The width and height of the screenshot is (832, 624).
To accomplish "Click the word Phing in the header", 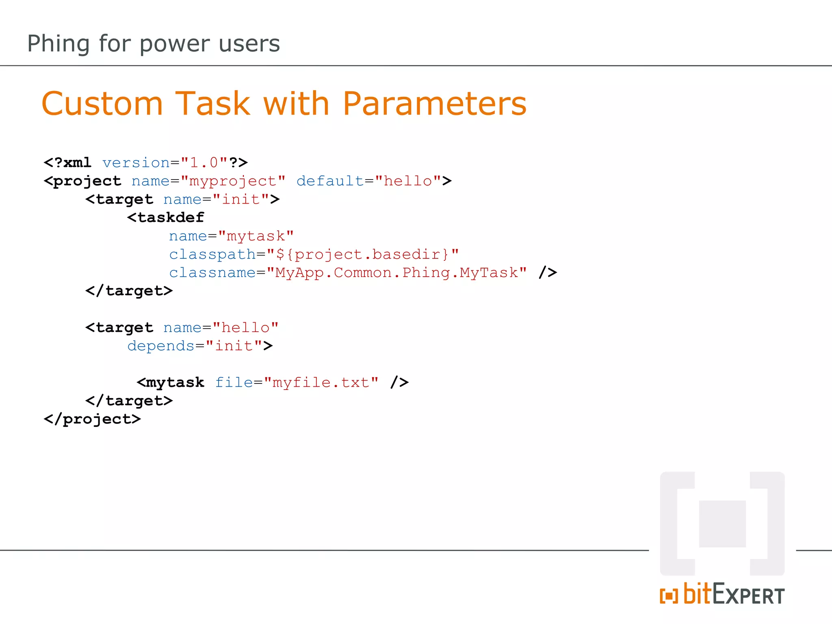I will (x=58, y=43).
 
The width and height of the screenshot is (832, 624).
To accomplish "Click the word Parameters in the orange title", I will (x=434, y=104).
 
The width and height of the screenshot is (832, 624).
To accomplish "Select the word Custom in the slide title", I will (x=102, y=104).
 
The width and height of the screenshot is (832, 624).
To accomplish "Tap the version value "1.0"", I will (x=204, y=162).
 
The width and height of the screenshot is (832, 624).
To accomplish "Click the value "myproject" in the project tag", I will (x=233, y=181).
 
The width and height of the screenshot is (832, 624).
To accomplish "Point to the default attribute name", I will (x=329, y=181).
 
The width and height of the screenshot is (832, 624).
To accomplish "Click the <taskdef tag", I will (x=166, y=218).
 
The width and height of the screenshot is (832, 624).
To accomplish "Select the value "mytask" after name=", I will (x=256, y=236).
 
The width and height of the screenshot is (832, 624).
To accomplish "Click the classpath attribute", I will (x=212, y=254).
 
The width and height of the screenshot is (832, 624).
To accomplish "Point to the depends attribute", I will (x=161, y=346).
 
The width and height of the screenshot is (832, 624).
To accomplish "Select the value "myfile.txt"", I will (x=321, y=382).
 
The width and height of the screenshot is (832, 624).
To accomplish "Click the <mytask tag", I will (x=171, y=382).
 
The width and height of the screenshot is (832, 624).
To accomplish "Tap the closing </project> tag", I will (x=92, y=419).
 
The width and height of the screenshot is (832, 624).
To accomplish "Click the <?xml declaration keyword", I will (x=67, y=162).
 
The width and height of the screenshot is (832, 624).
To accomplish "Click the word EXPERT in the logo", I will (x=748, y=596).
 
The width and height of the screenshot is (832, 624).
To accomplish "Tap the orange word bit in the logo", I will (x=698, y=594).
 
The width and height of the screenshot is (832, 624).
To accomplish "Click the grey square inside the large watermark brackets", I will (x=722, y=524).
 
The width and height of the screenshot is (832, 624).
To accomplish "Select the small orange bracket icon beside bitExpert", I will (x=669, y=596).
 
